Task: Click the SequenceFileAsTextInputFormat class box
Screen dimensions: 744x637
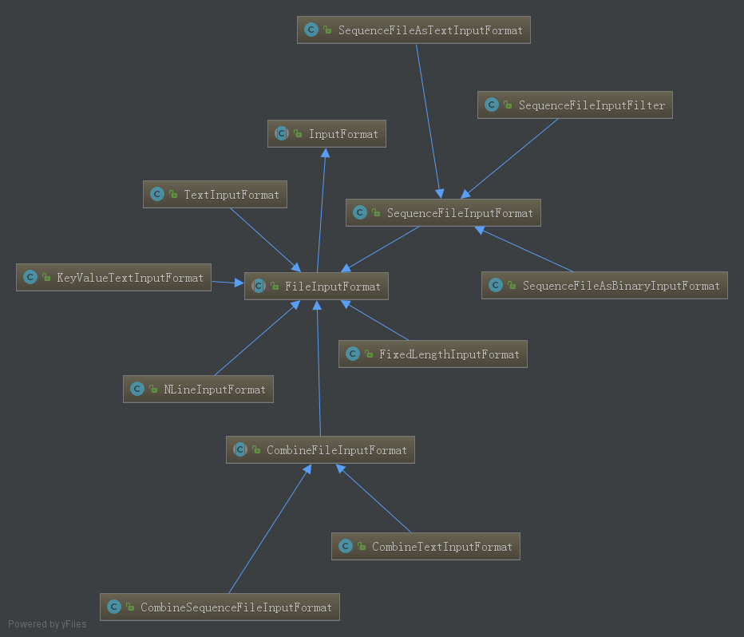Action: pyautogui.click(x=414, y=30)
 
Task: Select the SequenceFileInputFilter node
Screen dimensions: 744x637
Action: pyautogui.click(x=575, y=105)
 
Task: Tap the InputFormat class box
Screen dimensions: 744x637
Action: pyautogui.click(x=326, y=134)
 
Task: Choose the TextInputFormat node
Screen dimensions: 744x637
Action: pyautogui.click(x=215, y=195)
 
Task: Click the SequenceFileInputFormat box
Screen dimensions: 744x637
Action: pyautogui.click(x=443, y=213)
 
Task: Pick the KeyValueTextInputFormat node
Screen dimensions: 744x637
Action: pyautogui.click(x=113, y=278)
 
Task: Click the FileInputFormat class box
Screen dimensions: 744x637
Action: pyautogui.click(x=316, y=287)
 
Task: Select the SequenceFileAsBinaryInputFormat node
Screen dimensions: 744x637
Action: pyautogui.click(x=604, y=286)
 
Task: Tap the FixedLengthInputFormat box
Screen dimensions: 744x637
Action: pyautogui.click(x=433, y=354)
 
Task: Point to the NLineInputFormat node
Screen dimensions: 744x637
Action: pyautogui.click(x=198, y=390)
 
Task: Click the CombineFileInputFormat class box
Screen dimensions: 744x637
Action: pyautogui.click(x=320, y=450)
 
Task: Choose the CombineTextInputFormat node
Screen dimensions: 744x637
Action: pyautogui.click(x=425, y=547)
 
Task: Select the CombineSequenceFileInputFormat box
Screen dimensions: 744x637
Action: pyautogui.click(x=220, y=607)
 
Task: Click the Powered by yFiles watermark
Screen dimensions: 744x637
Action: pyautogui.click(x=47, y=624)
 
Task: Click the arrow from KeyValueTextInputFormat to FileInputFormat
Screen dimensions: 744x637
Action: pyautogui.click(x=228, y=283)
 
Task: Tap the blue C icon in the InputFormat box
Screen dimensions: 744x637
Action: pyautogui.click(x=281, y=134)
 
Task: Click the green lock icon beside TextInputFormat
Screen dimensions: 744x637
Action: pyautogui.click(x=173, y=195)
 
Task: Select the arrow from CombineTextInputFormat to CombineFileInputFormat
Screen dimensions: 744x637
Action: pyautogui.click(x=374, y=499)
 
